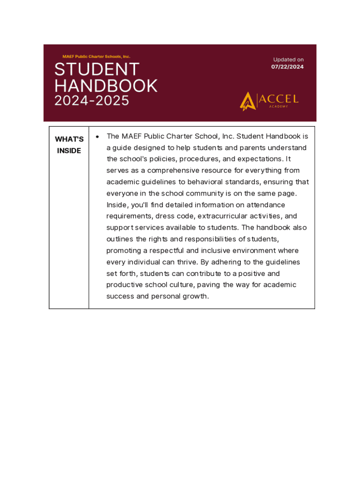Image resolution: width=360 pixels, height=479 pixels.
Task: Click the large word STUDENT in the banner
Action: [97, 70]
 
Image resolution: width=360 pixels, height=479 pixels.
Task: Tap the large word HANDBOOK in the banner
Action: [106, 86]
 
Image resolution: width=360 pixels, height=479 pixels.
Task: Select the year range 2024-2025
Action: [92, 101]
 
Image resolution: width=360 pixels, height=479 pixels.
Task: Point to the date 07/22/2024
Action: [288, 67]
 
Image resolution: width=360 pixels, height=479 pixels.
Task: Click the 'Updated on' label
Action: [288, 59]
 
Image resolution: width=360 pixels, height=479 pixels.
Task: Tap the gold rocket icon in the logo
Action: [247, 101]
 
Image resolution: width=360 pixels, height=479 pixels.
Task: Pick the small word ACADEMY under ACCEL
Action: [278, 107]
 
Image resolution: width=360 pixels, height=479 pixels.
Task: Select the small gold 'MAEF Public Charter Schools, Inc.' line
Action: [96, 57]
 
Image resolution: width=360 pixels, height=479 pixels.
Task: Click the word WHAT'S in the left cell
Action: [69, 139]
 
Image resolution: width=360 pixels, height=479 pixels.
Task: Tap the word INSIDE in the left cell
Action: [69, 151]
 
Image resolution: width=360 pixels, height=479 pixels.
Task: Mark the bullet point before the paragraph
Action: [97, 137]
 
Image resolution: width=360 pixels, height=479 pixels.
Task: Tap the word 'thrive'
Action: [187, 262]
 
